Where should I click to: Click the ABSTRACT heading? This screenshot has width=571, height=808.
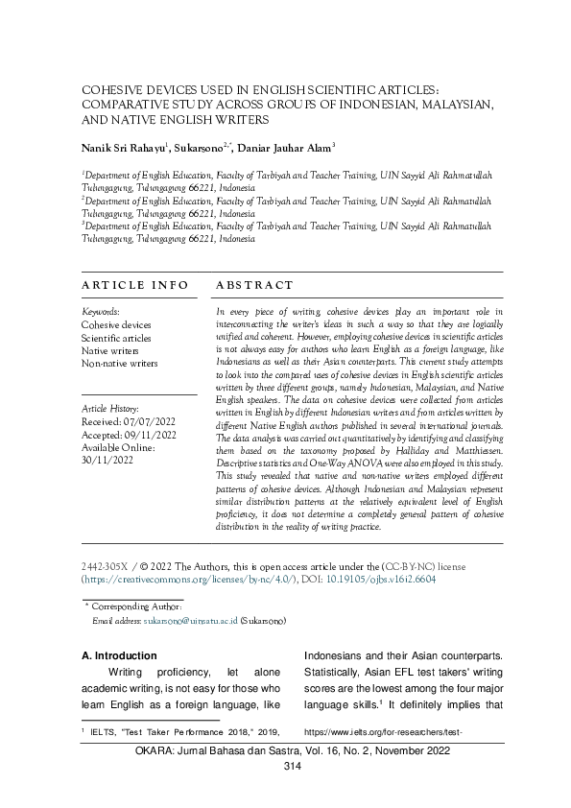254,285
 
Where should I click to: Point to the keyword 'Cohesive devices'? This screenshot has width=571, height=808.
116,325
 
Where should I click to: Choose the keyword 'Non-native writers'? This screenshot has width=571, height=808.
120,364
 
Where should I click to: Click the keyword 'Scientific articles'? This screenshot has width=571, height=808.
116,338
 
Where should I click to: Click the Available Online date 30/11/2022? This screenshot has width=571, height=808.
108,458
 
